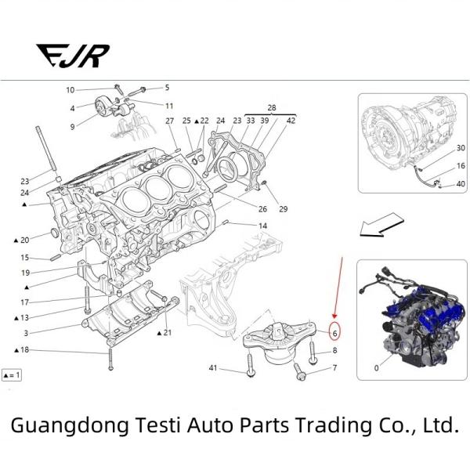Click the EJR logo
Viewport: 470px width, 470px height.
pyautogui.click(x=73, y=56)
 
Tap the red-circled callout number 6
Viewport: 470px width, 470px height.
pyautogui.click(x=334, y=333)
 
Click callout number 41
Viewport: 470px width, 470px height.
pyautogui.click(x=212, y=367)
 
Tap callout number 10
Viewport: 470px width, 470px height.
pyautogui.click(x=70, y=90)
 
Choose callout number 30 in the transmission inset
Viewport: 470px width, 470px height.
pyautogui.click(x=461, y=148)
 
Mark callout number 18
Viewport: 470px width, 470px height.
pyautogui.click(x=24, y=349)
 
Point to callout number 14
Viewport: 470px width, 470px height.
pyautogui.click(x=262, y=226)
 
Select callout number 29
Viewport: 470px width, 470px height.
pyautogui.click(x=283, y=208)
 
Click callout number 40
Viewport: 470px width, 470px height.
pyautogui.click(x=461, y=184)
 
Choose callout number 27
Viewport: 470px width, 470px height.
pyautogui.click(x=169, y=121)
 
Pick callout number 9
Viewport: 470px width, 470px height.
pyautogui.click(x=72, y=126)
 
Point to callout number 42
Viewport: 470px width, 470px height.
pyautogui.click(x=291, y=121)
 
